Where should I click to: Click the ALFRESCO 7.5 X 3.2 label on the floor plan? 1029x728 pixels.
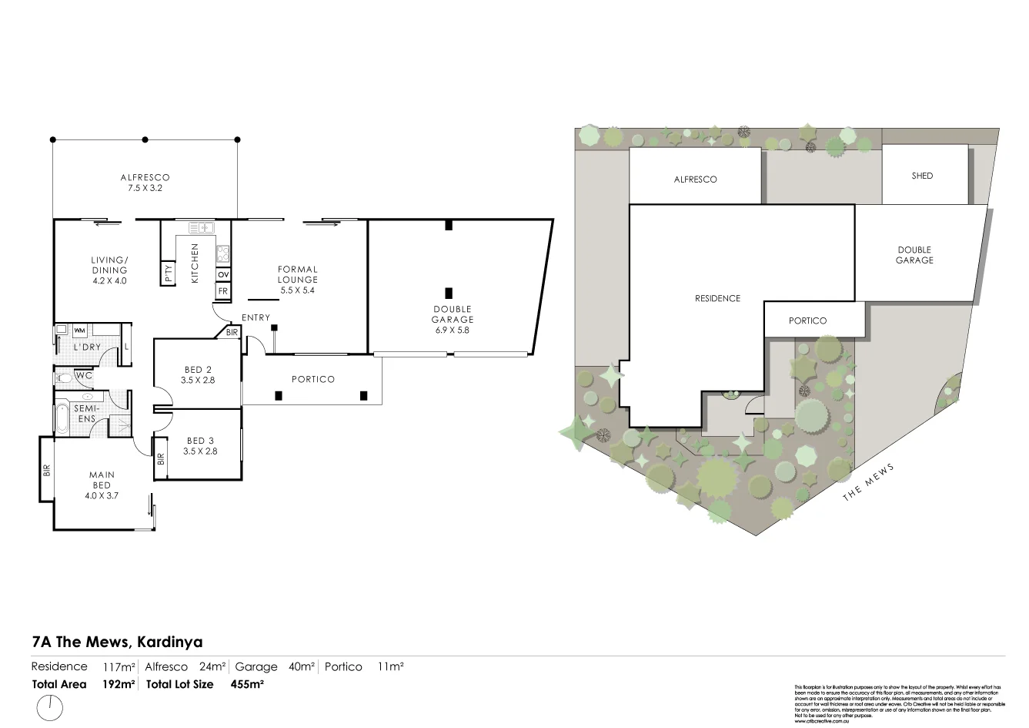pos(145,183)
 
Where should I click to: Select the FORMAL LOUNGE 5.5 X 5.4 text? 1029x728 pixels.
pos(298,280)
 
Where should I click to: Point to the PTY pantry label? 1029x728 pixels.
pos(169,274)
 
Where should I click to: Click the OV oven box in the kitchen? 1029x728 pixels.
pos(223,274)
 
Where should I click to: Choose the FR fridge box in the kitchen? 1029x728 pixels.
pos(223,290)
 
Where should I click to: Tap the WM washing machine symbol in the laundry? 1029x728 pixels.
pos(79,330)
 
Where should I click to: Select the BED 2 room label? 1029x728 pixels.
pos(199,374)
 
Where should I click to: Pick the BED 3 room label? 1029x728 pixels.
pos(201,446)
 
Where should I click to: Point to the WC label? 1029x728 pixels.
pos(84,376)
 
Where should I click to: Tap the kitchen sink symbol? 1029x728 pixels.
pos(202,227)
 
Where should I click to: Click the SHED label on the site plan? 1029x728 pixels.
pos(922,176)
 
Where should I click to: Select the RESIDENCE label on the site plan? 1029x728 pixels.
pos(717,298)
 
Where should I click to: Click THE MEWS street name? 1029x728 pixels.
pos(868,482)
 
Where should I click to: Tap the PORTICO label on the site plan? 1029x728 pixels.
pos(807,320)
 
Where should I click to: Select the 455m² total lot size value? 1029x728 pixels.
pos(247,684)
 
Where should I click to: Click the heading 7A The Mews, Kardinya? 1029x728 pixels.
pos(117,641)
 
